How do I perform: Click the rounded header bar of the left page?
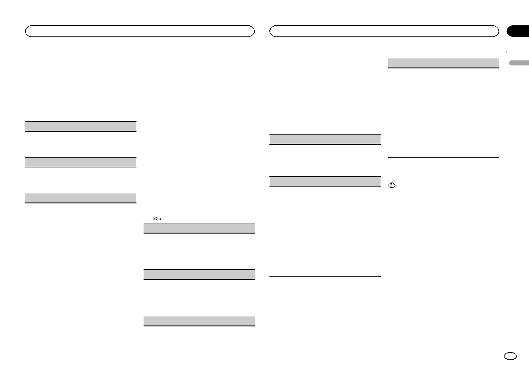pyautogui.click(x=140, y=31)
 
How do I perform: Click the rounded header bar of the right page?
pyautogui.click(x=385, y=31)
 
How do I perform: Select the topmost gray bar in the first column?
pyautogui.click(x=80, y=126)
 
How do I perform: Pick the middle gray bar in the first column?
pyautogui.click(x=80, y=162)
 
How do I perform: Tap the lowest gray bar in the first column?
pyautogui.click(x=80, y=198)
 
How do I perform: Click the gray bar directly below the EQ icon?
pyautogui.click(x=199, y=228)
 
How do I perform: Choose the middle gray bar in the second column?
pyautogui.click(x=199, y=274)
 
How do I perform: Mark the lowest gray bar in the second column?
pyautogui.click(x=199, y=321)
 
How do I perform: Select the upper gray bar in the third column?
pyautogui.click(x=325, y=139)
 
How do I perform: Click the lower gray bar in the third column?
pyautogui.click(x=325, y=182)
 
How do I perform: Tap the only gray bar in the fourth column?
pyautogui.click(x=443, y=63)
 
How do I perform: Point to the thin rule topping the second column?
pyautogui.click(x=199, y=58)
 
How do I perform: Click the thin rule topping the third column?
pyautogui.click(x=325, y=58)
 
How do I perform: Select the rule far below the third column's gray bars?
pyautogui.click(x=325, y=276)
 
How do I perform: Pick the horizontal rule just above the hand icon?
pyautogui.click(x=443, y=157)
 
